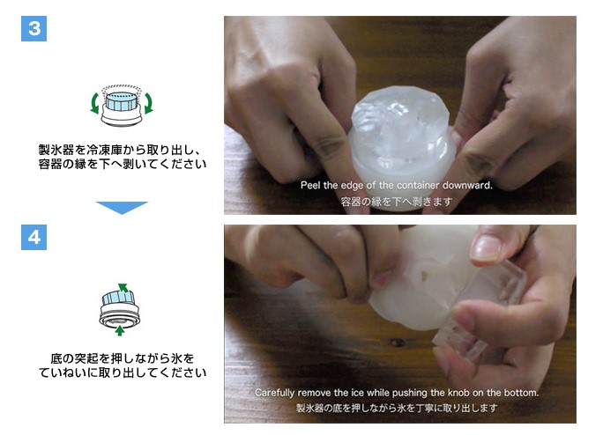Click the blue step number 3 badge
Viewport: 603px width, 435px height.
(x=33, y=28)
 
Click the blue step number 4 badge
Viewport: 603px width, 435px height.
(x=33, y=237)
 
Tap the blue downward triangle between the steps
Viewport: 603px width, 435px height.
(x=122, y=207)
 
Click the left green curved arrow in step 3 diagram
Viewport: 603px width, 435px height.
(x=94, y=103)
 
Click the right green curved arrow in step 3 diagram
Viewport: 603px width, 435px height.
(x=148, y=103)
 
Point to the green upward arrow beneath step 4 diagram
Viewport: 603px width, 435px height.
(x=120, y=330)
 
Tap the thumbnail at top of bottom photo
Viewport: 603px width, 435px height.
(x=487, y=247)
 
